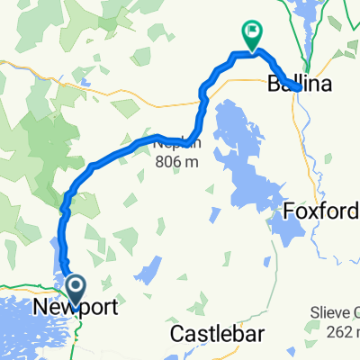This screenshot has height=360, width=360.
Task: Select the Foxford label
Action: tap(321, 211)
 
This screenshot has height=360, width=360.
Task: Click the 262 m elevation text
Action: tap(340, 329)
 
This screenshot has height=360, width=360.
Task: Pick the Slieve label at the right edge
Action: tap(338, 311)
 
